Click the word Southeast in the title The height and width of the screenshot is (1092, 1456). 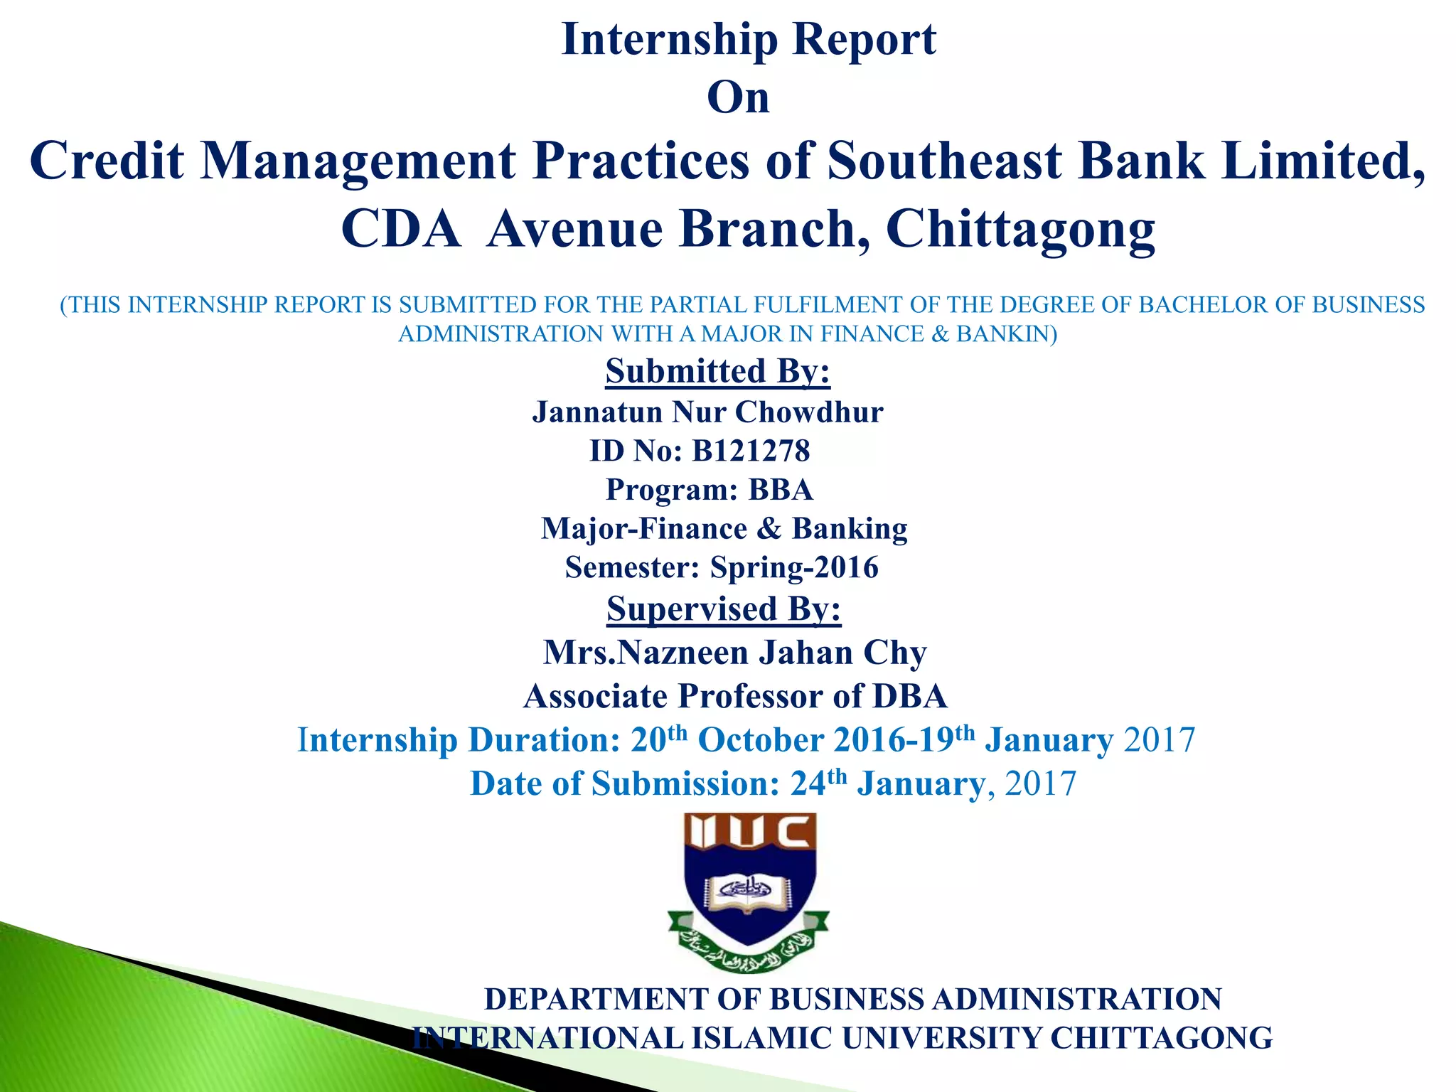coord(943,161)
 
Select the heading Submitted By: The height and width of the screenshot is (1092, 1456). coord(717,371)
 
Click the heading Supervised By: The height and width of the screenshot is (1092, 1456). coord(724,609)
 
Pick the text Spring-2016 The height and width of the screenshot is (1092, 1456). coord(794,567)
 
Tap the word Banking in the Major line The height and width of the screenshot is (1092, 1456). coord(849,529)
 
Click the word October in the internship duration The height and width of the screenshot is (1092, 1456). coord(761,740)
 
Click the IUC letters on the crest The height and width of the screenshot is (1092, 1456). coord(749,832)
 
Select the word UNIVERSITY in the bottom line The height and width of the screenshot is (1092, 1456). coord(941,1038)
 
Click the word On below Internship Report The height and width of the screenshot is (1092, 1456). coord(738,98)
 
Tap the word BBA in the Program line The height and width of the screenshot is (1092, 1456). coord(781,490)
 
